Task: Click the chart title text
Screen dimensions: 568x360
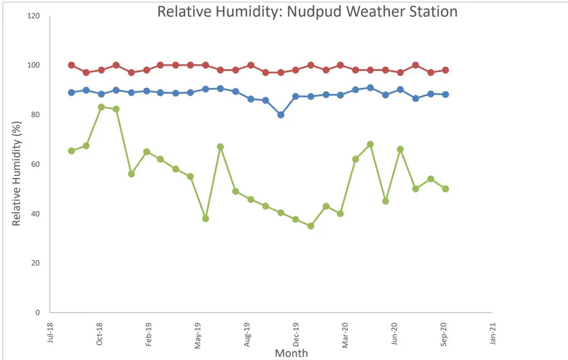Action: point(307,12)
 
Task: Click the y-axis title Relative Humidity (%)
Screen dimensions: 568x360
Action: point(17,173)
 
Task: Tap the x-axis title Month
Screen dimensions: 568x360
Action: point(291,353)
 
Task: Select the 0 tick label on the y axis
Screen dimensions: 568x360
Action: point(38,313)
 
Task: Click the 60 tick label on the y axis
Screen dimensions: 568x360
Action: point(35,164)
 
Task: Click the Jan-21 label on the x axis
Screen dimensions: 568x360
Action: point(492,333)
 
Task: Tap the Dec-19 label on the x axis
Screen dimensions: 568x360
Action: point(296,335)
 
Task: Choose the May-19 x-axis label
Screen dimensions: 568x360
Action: point(198,335)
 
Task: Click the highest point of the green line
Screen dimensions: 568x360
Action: point(101,107)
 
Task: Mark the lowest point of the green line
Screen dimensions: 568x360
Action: point(311,226)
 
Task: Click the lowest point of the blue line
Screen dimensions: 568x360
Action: point(280,114)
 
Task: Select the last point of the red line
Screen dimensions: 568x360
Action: point(446,70)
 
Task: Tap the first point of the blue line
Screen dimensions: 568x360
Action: point(72,92)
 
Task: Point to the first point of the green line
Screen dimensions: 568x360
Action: point(72,151)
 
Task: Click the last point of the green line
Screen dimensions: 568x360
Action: point(446,189)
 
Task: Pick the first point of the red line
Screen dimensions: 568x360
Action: point(72,65)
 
